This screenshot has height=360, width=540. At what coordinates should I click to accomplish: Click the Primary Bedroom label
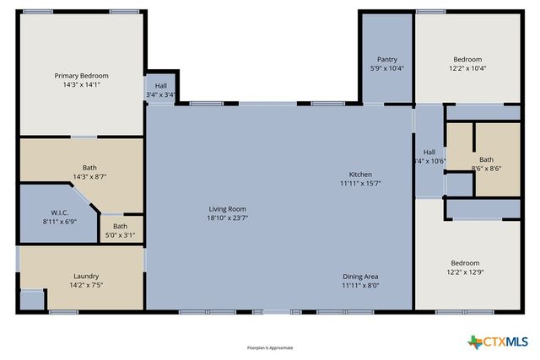tap(81, 76)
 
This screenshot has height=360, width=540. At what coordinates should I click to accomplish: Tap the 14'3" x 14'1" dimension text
tap(81, 85)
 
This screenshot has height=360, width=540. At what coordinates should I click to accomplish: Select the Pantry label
tap(387, 59)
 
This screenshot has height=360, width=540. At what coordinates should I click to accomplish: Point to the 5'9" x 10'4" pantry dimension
tap(387, 68)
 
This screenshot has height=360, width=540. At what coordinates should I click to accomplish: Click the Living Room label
tap(228, 208)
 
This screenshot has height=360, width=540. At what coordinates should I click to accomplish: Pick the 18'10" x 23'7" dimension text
tap(228, 218)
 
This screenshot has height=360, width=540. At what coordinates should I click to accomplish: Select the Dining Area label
tap(360, 277)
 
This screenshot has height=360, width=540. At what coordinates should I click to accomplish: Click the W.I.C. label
tap(59, 212)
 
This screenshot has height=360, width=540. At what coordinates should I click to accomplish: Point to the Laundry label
tap(86, 276)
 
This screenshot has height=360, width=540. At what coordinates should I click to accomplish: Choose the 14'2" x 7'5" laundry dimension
tap(86, 285)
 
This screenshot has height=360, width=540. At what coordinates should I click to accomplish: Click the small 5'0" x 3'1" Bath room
tap(121, 230)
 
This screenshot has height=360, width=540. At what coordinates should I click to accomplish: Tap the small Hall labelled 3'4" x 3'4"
tap(160, 90)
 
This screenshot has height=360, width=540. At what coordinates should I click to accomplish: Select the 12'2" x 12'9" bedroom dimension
tap(467, 272)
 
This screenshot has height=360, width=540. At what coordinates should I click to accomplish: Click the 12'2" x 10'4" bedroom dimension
tap(467, 68)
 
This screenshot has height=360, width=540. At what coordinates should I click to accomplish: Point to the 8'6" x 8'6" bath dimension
tap(486, 169)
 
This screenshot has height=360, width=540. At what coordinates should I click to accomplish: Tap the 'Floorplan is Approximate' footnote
tap(270, 347)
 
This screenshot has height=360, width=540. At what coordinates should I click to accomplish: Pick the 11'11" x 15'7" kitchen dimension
tap(360, 183)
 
